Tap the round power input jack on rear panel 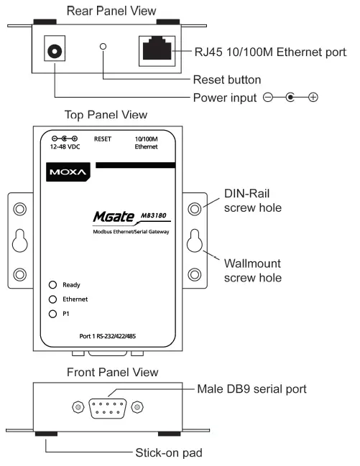(x=54, y=52)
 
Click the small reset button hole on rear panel (x=103, y=47)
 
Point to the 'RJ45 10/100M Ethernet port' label (x=276, y=52)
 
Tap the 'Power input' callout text (x=222, y=97)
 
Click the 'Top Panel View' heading (x=106, y=115)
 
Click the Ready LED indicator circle (x=52, y=285)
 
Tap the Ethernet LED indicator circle (x=52, y=299)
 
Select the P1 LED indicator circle (x=52, y=314)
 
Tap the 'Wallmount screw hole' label (x=252, y=271)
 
